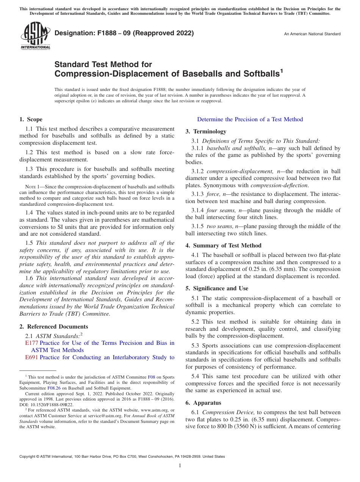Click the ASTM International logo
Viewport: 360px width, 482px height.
coord(35,36)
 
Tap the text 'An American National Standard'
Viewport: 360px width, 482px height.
coord(312,34)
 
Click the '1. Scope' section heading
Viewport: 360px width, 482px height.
coord(31,119)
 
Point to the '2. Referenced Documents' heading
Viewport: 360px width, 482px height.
coord(54,327)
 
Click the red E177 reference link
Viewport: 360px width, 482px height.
coord(31,343)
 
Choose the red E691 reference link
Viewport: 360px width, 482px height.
coord(31,357)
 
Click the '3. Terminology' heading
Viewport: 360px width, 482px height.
coord(206,131)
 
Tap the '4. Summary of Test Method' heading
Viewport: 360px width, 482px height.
coord(223,246)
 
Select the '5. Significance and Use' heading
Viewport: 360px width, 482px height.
coord(217,288)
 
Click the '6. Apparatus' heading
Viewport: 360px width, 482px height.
coord(203,403)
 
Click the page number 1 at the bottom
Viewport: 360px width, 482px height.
coord(180,466)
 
